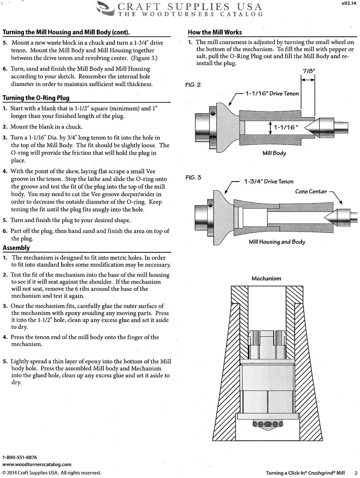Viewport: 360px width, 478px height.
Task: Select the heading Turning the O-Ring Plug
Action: [36, 98]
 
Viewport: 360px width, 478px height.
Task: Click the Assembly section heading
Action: [16, 248]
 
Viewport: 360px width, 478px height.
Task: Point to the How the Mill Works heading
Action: [215, 32]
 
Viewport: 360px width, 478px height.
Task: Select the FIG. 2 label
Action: [193, 85]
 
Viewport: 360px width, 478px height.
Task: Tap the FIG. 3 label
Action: [193, 177]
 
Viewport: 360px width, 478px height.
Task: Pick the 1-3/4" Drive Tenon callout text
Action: [268, 182]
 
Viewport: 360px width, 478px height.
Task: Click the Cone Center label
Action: [311, 191]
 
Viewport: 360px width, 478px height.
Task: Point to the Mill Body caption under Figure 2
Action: [274, 153]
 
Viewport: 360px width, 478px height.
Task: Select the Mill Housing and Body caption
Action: [277, 242]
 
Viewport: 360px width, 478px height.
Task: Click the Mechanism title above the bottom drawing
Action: [266, 278]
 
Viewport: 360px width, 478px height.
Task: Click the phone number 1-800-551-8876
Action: [20, 457]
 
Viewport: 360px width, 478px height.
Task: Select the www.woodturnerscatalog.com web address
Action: [37, 464]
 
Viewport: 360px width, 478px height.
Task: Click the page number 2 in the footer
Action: [355, 473]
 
